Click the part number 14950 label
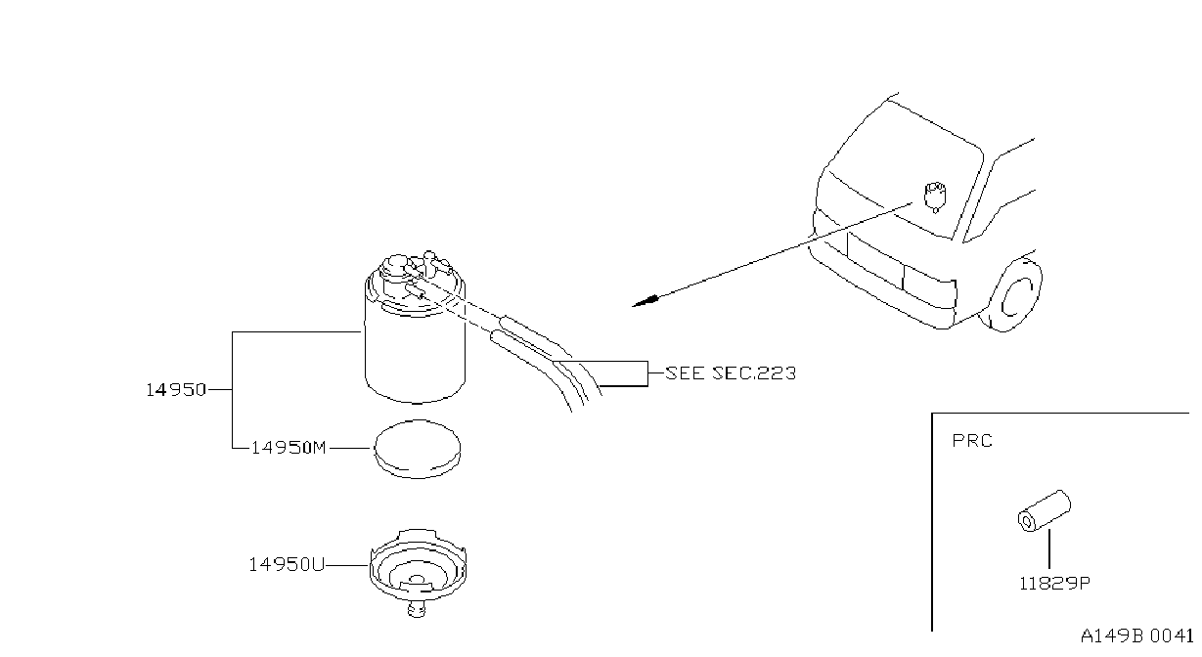[x=176, y=390]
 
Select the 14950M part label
[x=289, y=448]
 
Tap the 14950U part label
[x=287, y=564]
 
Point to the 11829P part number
[x=1054, y=583]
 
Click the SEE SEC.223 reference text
[x=731, y=372]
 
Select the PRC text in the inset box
[x=972, y=441]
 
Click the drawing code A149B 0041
[x=1136, y=636]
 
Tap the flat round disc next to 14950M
[x=418, y=449]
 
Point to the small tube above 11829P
[x=1045, y=510]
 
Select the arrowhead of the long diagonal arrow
[x=645, y=301]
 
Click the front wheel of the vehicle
[x=1010, y=295]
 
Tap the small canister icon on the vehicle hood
[x=935, y=197]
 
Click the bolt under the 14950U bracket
[x=417, y=608]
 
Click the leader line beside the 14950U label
[x=347, y=565]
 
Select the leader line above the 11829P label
[x=1049, y=548]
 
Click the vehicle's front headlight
[x=929, y=286]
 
